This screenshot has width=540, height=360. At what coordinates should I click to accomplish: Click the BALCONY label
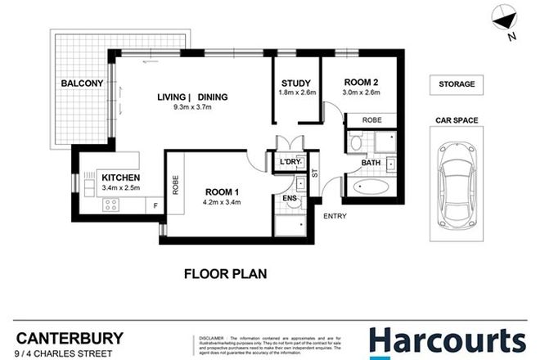pyautogui.click(x=80, y=83)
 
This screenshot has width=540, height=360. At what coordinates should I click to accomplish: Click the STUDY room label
pyautogui.click(x=295, y=83)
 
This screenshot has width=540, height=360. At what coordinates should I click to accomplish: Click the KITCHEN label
pyautogui.click(x=120, y=178)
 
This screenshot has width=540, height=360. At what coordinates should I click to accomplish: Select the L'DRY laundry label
pyautogui.click(x=290, y=162)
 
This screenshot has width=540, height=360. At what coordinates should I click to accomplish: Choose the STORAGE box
pyautogui.click(x=457, y=84)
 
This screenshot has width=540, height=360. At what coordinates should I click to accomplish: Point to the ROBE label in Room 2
pyautogui.click(x=360, y=119)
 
